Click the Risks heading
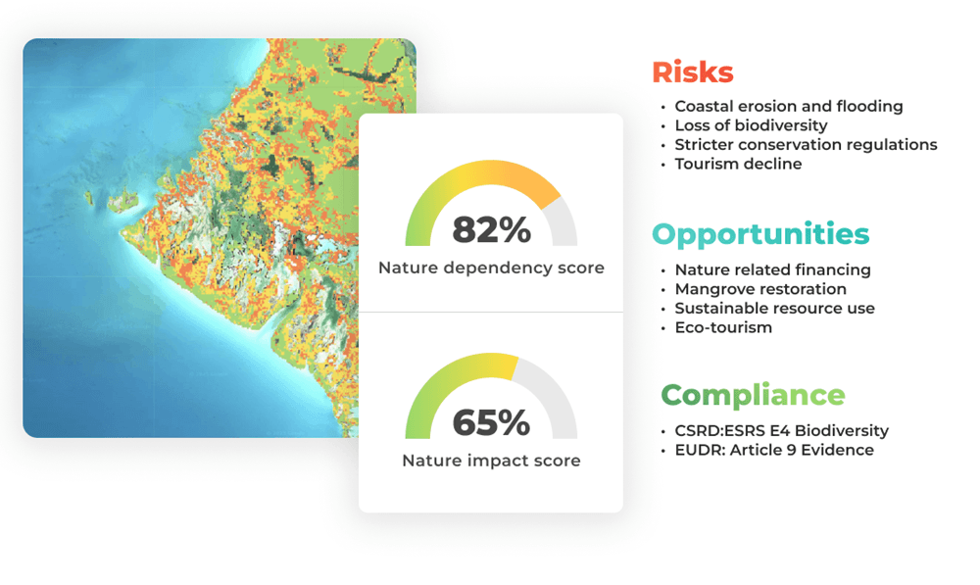tap(692, 73)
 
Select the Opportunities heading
tap(760, 234)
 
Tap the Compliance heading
tap(752, 395)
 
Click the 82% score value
tap(491, 230)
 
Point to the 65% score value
tap(491, 423)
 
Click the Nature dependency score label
tap(491, 268)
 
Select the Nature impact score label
tap(491, 461)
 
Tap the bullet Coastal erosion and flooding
tap(788, 106)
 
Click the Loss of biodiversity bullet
tap(751, 125)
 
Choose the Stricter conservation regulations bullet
tap(806, 145)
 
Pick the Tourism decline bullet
tap(738, 164)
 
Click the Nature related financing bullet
tap(772, 269)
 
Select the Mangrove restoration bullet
tap(760, 289)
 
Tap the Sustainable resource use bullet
tap(774, 308)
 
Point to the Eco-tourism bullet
tap(723, 327)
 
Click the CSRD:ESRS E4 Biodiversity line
tap(781, 431)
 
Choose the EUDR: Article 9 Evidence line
tap(774, 451)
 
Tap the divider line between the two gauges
tap(491, 312)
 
